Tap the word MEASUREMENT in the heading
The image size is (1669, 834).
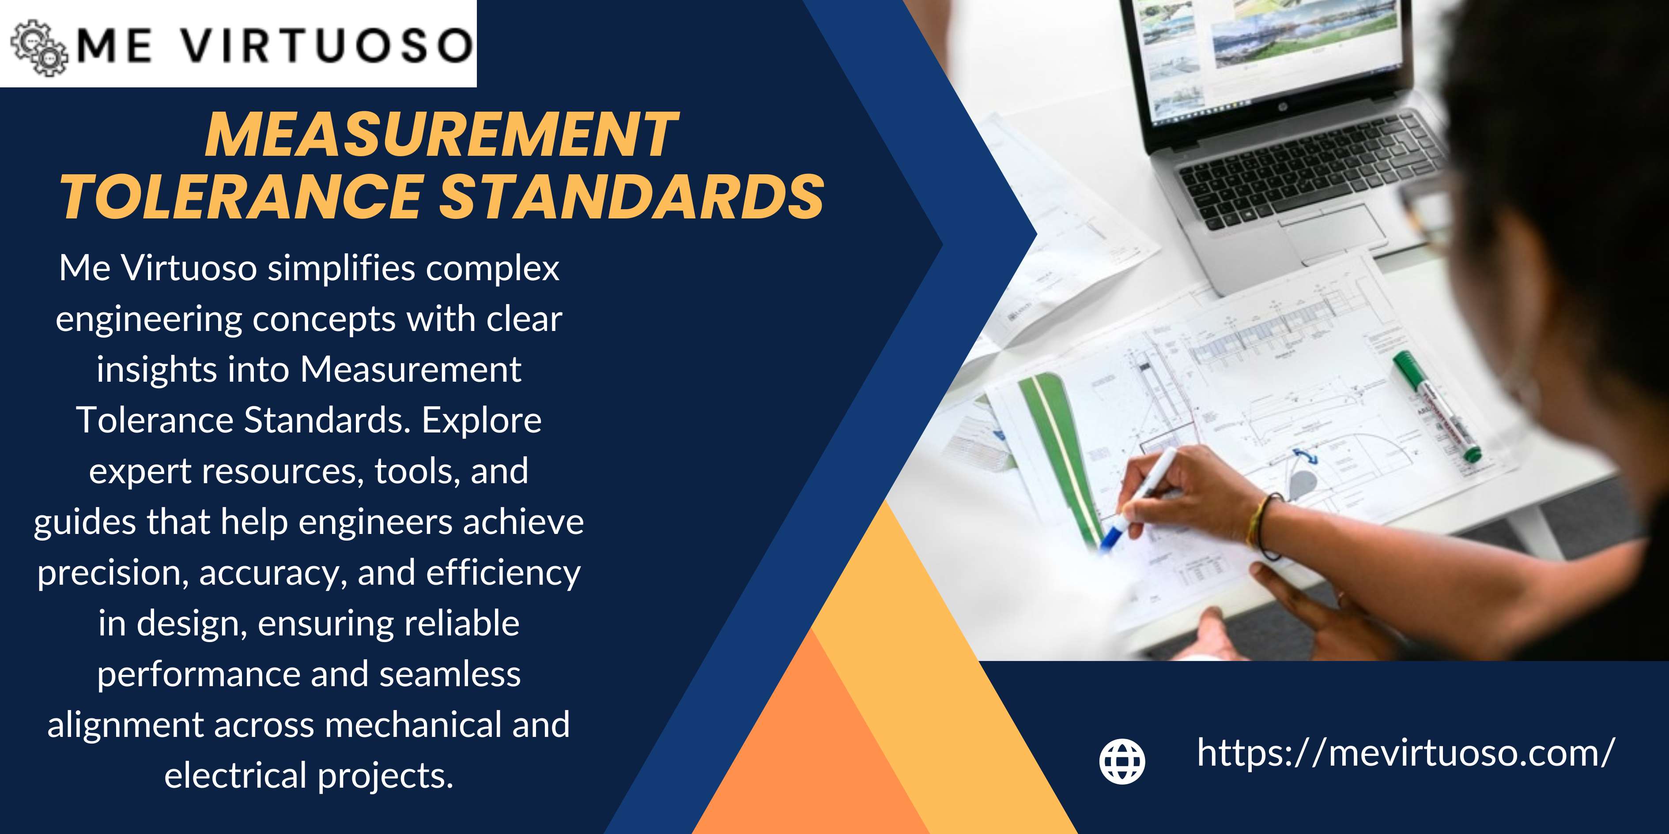pyautogui.click(x=441, y=135)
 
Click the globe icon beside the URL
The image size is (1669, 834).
pyautogui.click(x=1122, y=760)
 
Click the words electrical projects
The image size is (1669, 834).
pyautogui.click(x=308, y=775)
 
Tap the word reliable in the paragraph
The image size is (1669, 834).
pyautogui.click(x=462, y=624)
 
